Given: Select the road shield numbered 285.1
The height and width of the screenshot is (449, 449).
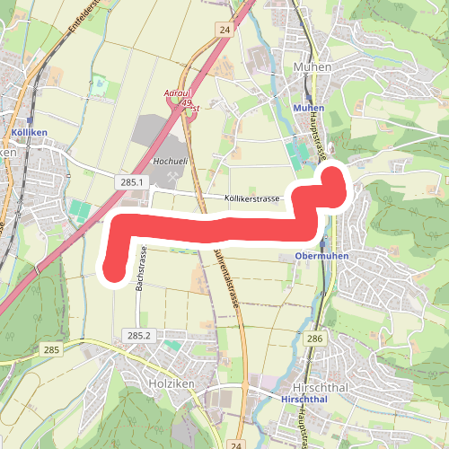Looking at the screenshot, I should (x=131, y=182).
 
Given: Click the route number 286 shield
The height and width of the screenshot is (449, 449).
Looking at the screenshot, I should (x=313, y=339).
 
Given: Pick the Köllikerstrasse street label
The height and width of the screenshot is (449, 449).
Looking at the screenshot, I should (x=253, y=198).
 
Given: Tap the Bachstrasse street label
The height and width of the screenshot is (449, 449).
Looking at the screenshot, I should (x=140, y=270).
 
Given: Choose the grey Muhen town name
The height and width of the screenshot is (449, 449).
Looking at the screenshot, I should (x=313, y=66).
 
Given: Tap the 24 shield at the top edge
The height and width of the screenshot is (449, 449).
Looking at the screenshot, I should (x=224, y=31).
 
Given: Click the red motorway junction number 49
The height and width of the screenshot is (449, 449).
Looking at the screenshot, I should (x=188, y=104).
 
